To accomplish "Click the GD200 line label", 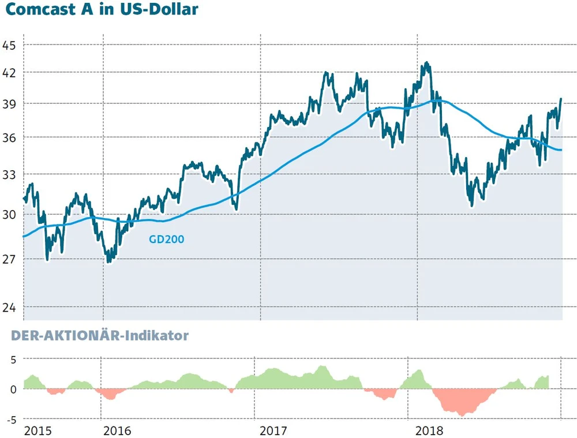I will point(167,239).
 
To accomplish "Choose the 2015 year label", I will point(38,430).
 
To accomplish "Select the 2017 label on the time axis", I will point(274,430).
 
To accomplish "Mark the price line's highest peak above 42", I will point(426,62).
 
